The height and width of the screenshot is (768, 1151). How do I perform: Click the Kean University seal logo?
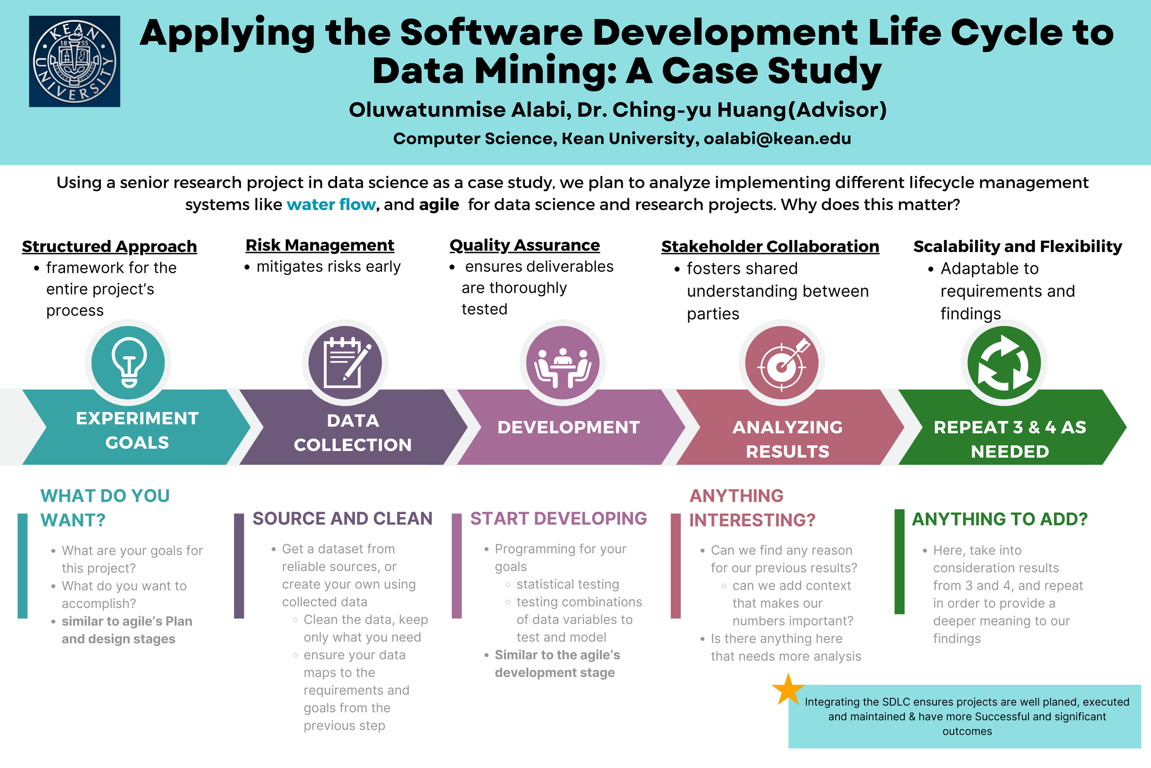click(x=75, y=61)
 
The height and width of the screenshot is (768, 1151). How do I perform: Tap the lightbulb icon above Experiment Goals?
click(x=128, y=363)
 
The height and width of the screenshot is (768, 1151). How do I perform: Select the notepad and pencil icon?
click(x=345, y=363)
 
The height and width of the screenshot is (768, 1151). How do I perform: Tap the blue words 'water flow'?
click(x=331, y=204)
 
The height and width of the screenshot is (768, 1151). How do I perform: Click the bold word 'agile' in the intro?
click(x=439, y=204)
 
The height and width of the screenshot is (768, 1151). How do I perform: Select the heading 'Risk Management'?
click(x=320, y=245)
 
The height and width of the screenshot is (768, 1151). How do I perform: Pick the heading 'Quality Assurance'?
click(x=524, y=245)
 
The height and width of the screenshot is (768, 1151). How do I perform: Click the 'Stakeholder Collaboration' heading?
click(x=770, y=246)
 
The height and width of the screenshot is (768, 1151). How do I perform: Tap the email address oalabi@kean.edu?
click(x=777, y=139)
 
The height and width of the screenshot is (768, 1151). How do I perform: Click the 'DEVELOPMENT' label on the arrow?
click(x=569, y=427)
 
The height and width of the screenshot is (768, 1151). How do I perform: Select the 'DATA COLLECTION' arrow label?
click(x=352, y=433)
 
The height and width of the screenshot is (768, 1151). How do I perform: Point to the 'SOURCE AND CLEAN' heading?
click(x=343, y=518)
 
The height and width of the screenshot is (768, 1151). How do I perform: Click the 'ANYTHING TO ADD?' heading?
click(x=999, y=519)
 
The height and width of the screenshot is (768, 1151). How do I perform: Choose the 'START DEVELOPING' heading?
click(x=558, y=518)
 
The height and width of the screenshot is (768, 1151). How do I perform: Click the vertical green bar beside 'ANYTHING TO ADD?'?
click(x=899, y=561)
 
